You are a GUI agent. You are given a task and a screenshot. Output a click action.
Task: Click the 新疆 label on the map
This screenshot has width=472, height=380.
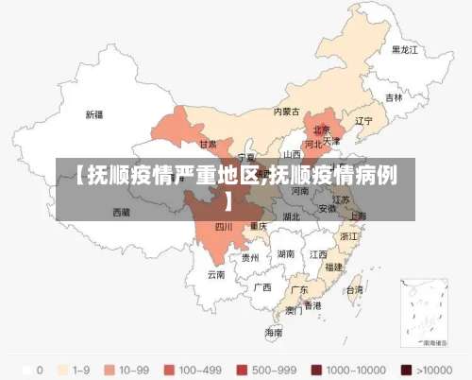click(94, 114)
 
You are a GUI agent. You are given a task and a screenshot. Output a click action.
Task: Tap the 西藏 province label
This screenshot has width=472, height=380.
click(121, 214)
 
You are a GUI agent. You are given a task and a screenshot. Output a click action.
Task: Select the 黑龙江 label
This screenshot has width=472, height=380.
click(404, 49)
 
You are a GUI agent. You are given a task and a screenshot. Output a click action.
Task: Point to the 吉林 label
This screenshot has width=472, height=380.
click(393, 97)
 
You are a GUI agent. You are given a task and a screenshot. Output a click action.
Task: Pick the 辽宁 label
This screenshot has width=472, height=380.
click(363, 121)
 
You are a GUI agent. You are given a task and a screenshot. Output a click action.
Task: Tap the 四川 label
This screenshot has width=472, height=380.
click(224, 227)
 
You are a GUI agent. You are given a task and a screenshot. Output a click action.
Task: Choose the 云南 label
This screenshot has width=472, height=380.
click(216, 275)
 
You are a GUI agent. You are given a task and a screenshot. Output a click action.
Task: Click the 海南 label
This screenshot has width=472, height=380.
click(273, 333)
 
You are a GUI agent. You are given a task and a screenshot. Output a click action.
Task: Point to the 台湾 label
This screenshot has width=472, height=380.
click(354, 291)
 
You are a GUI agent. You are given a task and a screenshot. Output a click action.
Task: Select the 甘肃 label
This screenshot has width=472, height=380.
click(208, 145)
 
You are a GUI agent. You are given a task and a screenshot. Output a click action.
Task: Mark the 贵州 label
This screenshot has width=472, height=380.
click(250, 257)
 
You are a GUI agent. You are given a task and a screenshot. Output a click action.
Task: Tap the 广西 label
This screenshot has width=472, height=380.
click(262, 286)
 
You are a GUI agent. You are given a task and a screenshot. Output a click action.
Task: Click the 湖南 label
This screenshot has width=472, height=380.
click(286, 254)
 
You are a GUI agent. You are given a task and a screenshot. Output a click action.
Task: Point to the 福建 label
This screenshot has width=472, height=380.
click(333, 268)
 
